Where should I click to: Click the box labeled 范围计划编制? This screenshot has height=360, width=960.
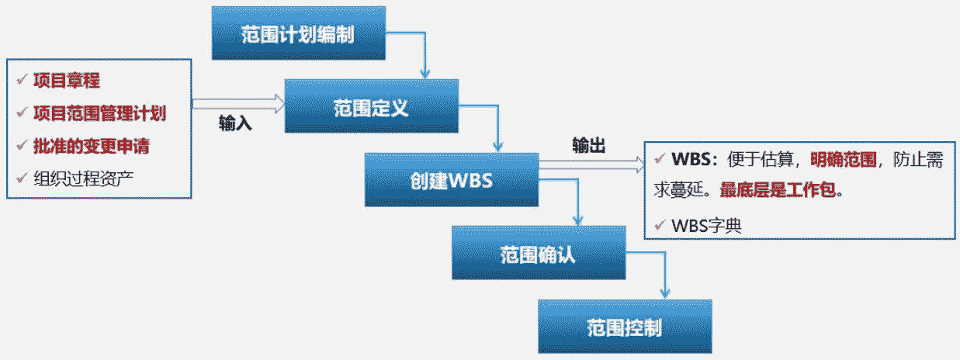click(x=299, y=33)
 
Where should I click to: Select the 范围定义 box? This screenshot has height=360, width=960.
click(x=370, y=107)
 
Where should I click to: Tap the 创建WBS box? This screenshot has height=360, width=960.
click(x=452, y=181)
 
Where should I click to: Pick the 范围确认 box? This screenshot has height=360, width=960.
click(x=538, y=254)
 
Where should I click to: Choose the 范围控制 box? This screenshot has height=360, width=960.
click(x=625, y=327)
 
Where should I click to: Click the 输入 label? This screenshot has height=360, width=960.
click(x=235, y=123)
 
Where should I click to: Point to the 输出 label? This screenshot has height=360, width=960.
click(x=589, y=144)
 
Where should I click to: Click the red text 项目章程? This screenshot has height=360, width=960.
click(x=67, y=81)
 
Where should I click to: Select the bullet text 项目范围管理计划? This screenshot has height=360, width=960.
click(x=100, y=113)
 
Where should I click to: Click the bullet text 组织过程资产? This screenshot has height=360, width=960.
click(x=89, y=178)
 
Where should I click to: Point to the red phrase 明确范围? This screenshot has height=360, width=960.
click(x=843, y=160)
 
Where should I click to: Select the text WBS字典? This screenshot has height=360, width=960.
click(x=706, y=226)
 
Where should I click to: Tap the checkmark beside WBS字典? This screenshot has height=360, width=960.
click(x=660, y=226)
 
